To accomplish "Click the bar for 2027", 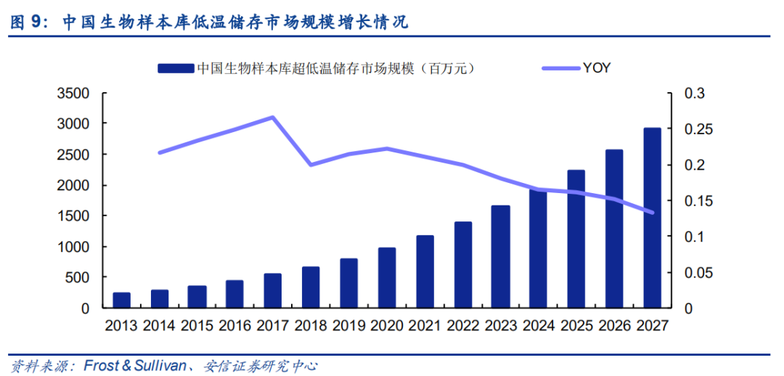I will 652,218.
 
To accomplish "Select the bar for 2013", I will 122,301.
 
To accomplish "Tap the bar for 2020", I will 387,278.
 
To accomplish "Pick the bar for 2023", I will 500,257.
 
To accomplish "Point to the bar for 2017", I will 273,290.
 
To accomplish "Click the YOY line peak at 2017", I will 273,117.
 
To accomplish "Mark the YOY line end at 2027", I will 652,213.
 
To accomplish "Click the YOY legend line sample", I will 561,68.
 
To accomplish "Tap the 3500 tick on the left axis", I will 74,94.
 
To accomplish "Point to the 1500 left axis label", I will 74,216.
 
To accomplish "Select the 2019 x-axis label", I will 349,325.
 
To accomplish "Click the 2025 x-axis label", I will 576,325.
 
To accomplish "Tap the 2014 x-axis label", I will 160,325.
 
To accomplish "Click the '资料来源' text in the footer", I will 33,366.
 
